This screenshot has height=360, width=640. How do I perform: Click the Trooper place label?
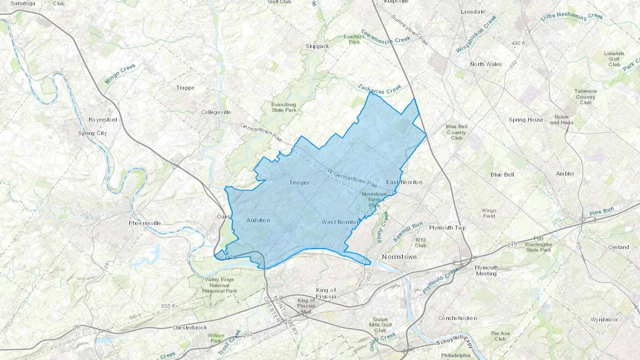pyautogui.click(x=299, y=183)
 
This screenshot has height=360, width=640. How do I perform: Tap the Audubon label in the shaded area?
pyautogui.click(x=258, y=220)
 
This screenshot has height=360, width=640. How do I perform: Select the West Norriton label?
pyautogui.click(x=340, y=222)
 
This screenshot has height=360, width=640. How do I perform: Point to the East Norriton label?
pyautogui.click(x=404, y=182)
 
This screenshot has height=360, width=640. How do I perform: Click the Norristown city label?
pyautogui.click(x=399, y=257)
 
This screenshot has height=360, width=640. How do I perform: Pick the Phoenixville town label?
pyautogui.click(x=145, y=223)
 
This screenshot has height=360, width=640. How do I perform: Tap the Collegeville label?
pyautogui.click(x=216, y=112)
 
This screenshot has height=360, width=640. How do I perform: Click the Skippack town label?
pyautogui.click(x=318, y=47)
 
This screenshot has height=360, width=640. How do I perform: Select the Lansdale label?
pyautogui.click(x=473, y=12)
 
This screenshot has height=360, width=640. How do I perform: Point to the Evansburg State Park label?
pyautogui.click(x=284, y=107)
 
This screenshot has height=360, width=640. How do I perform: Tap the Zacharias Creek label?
pyautogui.click(x=380, y=89)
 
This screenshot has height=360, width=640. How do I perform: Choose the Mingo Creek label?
pyautogui.click(x=121, y=74)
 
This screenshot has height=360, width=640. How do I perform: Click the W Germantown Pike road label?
pyautogui.click(x=352, y=178)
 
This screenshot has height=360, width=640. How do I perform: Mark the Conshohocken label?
pyautogui.click(x=458, y=318)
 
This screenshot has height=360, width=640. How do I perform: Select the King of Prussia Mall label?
pyautogui.click(x=306, y=306)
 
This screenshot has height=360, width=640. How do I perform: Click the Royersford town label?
pyautogui.click(x=103, y=120)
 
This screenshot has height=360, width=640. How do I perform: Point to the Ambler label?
pyautogui.click(x=565, y=174)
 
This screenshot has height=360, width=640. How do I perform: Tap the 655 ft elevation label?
pyautogui.click(x=168, y=306)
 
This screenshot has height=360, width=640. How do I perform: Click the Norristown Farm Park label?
pyautogui.click(x=374, y=200)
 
